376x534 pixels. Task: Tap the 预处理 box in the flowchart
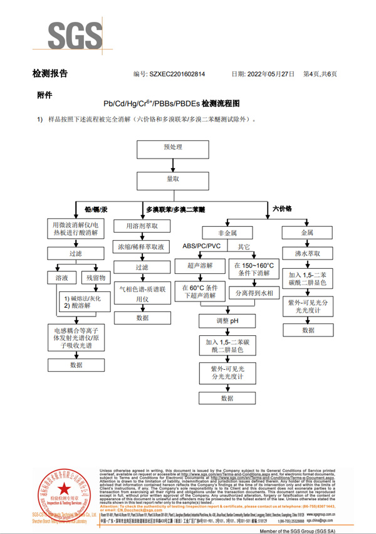172,149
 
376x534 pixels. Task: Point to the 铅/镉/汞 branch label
97,209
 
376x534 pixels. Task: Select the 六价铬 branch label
282,207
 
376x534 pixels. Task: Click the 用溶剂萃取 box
142,226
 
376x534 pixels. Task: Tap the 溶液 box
61,277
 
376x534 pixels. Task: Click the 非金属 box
227,233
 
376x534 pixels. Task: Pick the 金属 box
307,233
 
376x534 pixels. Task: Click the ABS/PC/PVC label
202,246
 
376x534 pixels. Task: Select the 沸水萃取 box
308,254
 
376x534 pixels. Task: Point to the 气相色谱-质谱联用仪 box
142,295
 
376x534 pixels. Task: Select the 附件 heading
44,95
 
